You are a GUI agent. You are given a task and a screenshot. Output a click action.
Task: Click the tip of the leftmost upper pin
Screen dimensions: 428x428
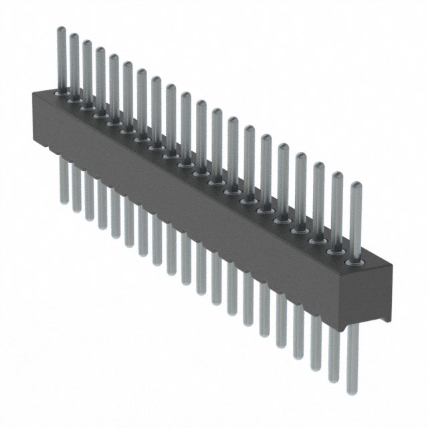pos(61,29)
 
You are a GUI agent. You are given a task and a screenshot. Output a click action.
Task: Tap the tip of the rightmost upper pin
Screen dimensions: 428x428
pos(356,184)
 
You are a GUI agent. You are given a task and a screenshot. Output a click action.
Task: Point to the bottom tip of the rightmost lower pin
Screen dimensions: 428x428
pos(352,393)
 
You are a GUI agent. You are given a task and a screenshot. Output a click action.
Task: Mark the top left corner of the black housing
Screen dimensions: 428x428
pos(33,94)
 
